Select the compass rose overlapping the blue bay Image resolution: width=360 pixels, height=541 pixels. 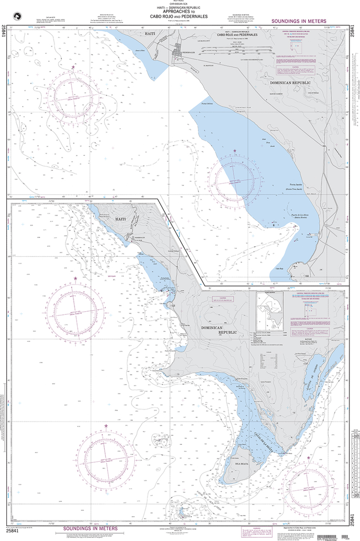coord(233,180)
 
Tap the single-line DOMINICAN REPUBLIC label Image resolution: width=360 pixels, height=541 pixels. coord(289,83)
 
